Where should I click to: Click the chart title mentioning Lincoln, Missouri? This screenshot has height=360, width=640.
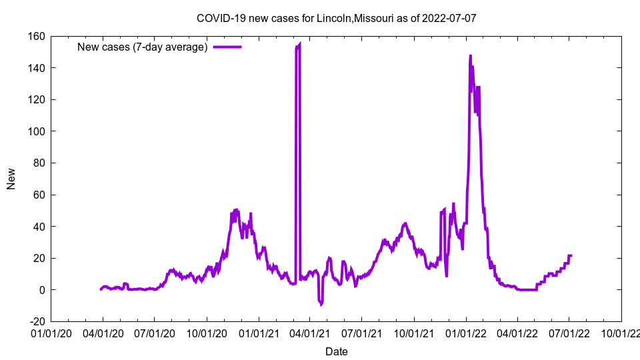pos(336,18)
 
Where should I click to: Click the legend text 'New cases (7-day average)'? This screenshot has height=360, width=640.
pos(143,47)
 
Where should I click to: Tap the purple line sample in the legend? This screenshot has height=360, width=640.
pos(227,47)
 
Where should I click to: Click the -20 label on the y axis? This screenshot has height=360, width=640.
pos(36,321)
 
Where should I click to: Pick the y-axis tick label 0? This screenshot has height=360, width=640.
pos(41,290)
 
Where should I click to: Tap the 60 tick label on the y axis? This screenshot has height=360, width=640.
pos(38,195)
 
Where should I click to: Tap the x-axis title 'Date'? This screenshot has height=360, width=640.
pos(336,351)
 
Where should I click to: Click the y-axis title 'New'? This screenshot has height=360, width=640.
pos(11,179)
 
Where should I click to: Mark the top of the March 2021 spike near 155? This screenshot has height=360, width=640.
pos(299,44)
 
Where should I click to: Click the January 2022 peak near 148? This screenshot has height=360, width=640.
pos(470,56)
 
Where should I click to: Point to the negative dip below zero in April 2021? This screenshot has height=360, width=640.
pos(321,303)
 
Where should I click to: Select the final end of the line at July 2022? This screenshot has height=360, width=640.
pos(571,255)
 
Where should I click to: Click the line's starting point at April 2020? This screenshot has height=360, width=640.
pos(101,289)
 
